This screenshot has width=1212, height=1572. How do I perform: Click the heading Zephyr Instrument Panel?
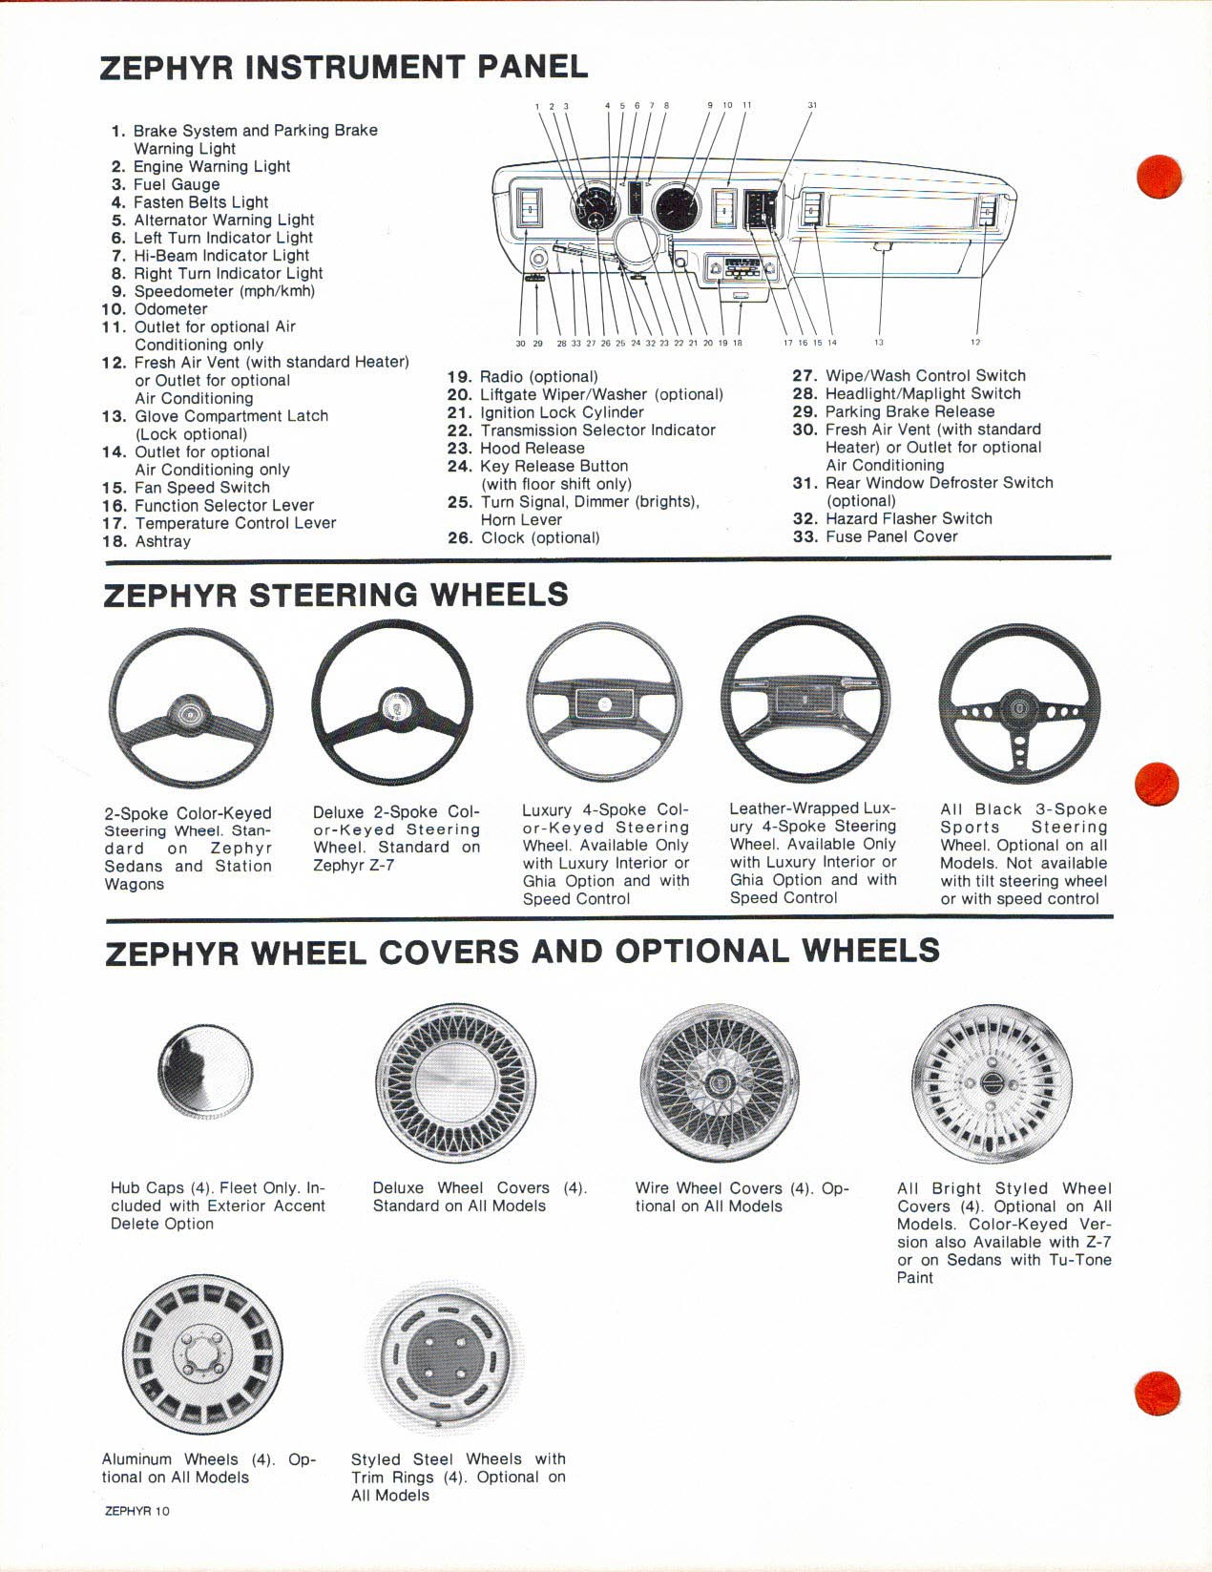pyautogui.click(x=344, y=67)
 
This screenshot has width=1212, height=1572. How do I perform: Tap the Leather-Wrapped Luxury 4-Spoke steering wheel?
pyautogui.click(x=807, y=699)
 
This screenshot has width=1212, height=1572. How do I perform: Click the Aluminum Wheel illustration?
pyautogui.click(x=201, y=1354)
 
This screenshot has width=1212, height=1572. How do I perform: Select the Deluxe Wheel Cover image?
pyautogui.click(x=451, y=1082)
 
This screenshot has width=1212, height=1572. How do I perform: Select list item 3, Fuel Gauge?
pyautogui.click(x=166, y=184)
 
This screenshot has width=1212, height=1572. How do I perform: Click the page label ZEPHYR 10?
pyautogui.click(x=137, y=1510)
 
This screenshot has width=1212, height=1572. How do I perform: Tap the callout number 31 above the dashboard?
pyautogui.click(x=812, y=105)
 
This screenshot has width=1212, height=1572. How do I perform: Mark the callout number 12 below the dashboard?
pyautogui.click(x=975, y=342)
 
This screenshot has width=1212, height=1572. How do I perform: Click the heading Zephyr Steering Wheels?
pyautogui.click(x=336, y=595)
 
